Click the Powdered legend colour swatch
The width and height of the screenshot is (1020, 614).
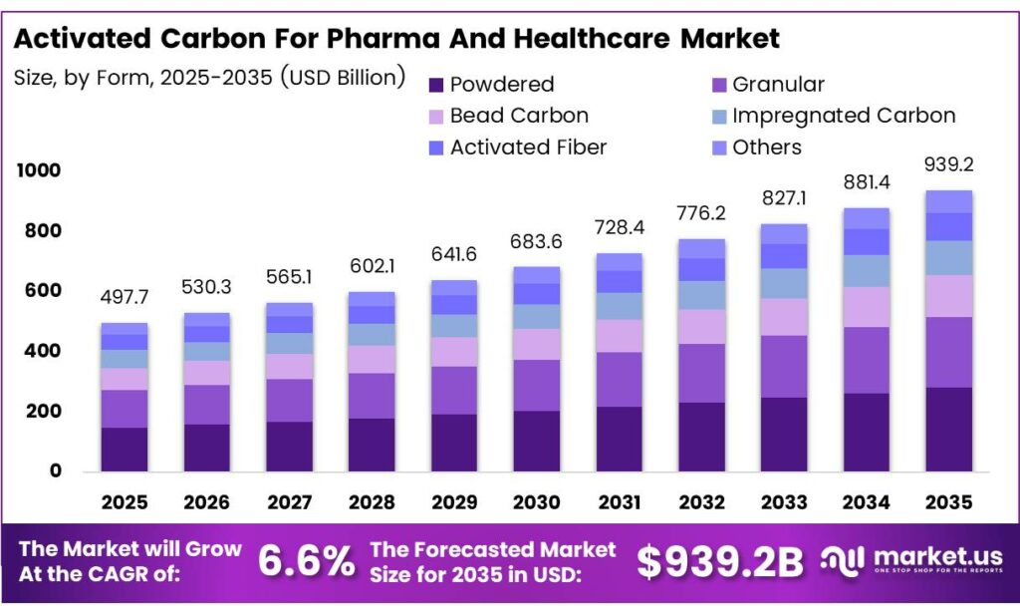click(x=435, y=85)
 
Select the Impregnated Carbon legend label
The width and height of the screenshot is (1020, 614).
click(x=843, y=116)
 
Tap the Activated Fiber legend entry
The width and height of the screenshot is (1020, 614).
click(x=527, y=148)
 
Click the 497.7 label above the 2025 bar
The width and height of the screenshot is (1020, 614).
click(x=126, y=297)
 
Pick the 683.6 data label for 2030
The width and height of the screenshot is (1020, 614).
click(x=536, y=241)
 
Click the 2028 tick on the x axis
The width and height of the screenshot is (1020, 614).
click(x=371, y=502)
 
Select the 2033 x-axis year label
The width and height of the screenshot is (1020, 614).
click(x=783, y=502)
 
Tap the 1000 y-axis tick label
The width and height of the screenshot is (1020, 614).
click(x=39, y=170)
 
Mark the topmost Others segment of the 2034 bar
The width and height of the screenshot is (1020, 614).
click(x=865, y=218)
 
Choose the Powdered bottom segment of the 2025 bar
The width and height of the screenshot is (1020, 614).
click(x=125, y=449)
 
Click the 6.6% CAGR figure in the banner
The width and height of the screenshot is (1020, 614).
click(x=306, y=562)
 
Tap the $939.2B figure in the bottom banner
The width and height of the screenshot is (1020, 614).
click(x=720, y=562)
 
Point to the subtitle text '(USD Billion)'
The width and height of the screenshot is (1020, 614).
click(x=341, y=76)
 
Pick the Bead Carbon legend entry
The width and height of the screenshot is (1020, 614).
click(x=518, y=116)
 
